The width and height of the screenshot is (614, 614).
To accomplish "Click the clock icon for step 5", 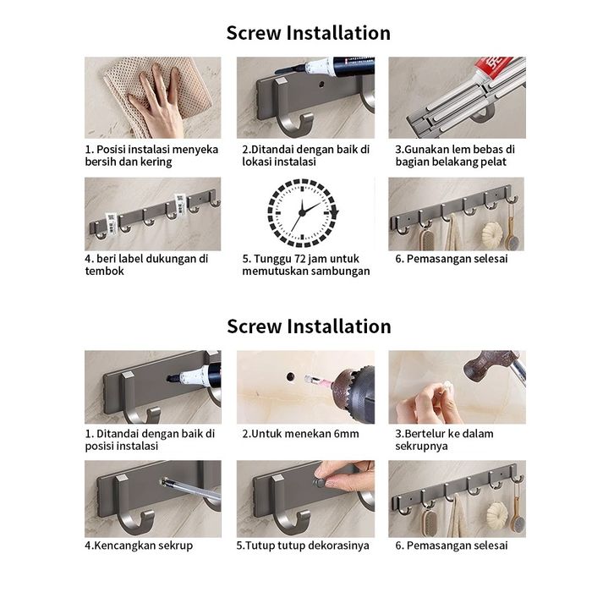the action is [303, 213].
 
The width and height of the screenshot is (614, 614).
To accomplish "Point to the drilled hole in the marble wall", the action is [291, 376].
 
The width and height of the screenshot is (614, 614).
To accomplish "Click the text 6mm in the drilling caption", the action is [347, 434].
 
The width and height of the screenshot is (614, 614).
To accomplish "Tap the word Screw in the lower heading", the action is [254, 326].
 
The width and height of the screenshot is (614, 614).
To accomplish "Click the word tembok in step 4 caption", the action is [105, 271].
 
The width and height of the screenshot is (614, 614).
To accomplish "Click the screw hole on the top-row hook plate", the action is [322, 84].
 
